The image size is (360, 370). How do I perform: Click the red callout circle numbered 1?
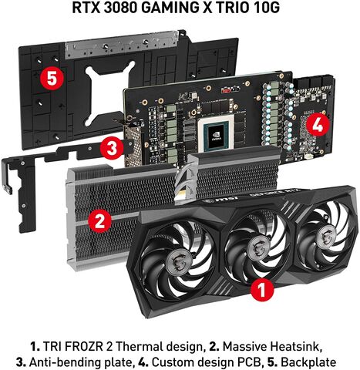tap(262, 289)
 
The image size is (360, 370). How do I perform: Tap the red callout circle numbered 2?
tap(99, 221)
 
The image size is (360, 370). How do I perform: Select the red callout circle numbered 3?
tap(112, 147)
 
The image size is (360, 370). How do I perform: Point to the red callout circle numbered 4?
tap(318, 126)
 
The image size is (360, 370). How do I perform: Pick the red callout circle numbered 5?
tap(52, 78)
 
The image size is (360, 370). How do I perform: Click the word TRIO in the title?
tap(232, 8)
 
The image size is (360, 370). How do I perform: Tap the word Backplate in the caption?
tap(308, 362)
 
